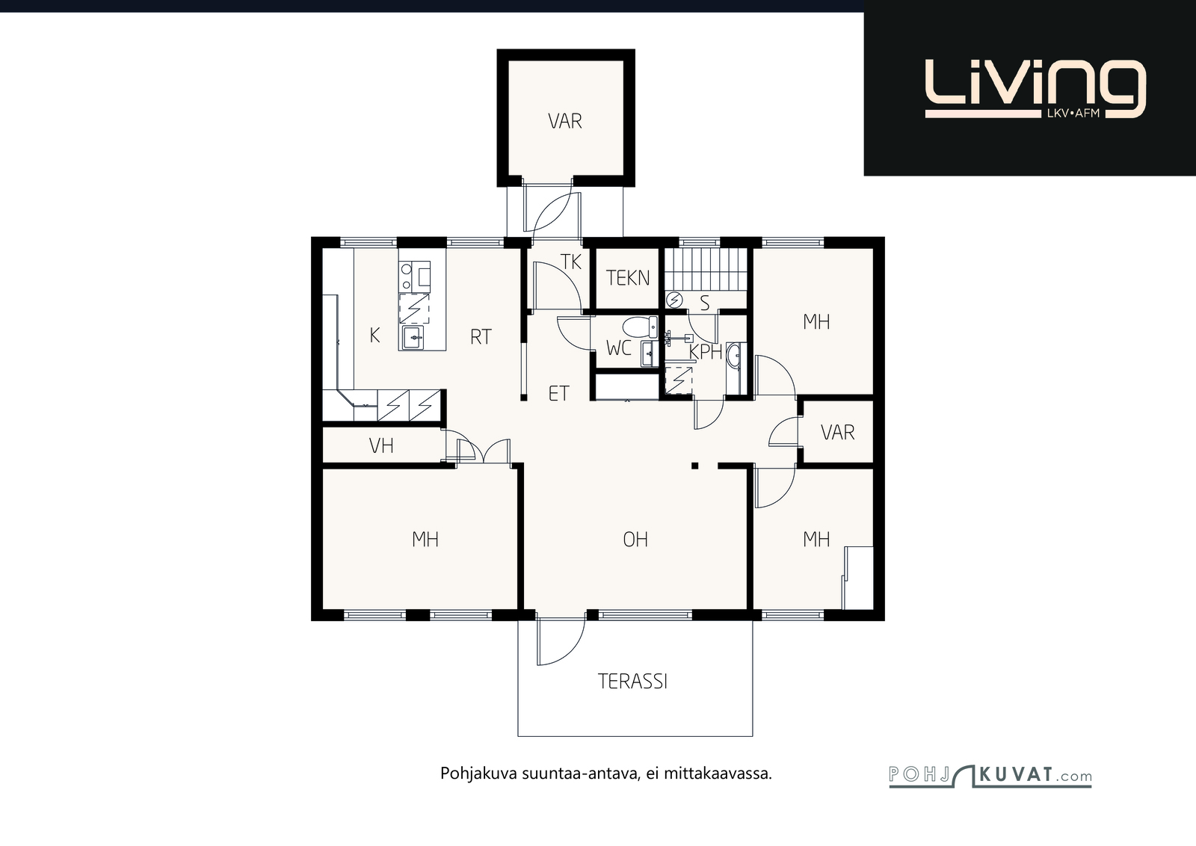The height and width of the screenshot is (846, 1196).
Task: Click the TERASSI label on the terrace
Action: (x=632, y=682)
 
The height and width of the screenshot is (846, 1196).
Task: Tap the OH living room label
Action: (x=635, y=540)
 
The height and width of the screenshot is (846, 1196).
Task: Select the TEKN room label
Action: (x=628, y=278)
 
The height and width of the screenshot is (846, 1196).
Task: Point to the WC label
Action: (x=619, y=348)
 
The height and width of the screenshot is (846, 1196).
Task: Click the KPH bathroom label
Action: (x=706, y=352)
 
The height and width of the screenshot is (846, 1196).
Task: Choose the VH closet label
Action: (x=381, y=445)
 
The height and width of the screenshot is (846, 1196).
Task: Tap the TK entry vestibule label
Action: (x=571, y=262)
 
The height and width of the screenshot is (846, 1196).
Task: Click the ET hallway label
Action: (x=559, y=393)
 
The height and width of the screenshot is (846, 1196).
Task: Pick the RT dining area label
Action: (x=481, y=337)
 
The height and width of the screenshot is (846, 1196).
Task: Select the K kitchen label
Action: (x=374, y=336)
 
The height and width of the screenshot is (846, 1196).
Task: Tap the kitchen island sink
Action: (x=413, y=338)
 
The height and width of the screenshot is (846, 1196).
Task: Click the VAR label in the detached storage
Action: (x=565, y=121)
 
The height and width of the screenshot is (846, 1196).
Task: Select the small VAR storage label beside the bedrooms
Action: (x=838, y=432)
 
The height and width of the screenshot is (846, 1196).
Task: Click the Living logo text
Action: (x=1035, y=89)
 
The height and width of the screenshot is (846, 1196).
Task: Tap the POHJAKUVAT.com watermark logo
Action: (x=990, y=776)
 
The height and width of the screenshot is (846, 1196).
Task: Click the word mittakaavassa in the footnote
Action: (x=718, y=774)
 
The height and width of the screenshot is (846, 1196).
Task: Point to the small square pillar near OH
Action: (x=694, y=466)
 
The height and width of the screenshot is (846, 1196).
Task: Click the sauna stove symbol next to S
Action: (x=675, y=300)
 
